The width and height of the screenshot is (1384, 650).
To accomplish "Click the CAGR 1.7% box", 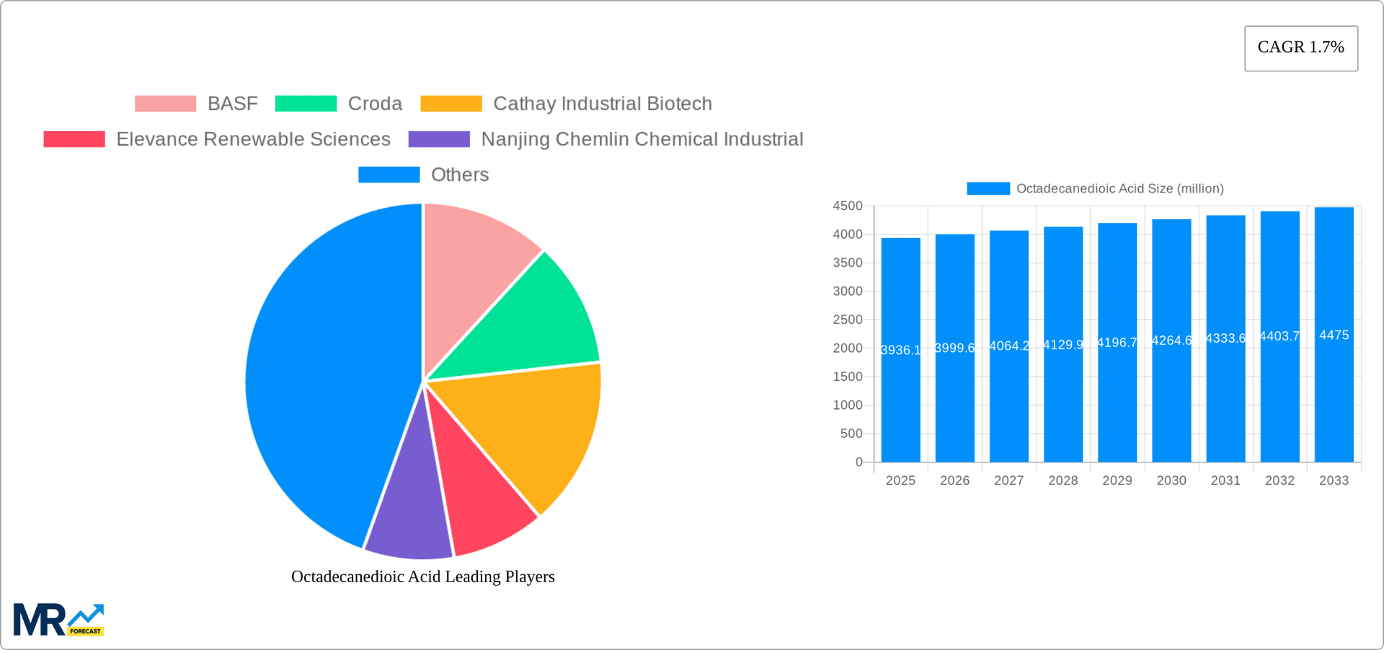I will coord(1300,48).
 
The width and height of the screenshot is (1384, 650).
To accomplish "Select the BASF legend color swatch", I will coord(165,104).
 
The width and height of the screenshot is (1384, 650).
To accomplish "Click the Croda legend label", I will coord(375,104).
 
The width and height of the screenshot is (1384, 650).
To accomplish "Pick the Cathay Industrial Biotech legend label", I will coord(602,104).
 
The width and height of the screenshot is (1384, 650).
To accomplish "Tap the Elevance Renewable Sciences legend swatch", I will coord(74,139).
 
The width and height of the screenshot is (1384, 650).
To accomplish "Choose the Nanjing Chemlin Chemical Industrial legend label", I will coord(642,139).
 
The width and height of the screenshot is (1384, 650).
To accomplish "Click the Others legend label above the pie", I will coord(459,175).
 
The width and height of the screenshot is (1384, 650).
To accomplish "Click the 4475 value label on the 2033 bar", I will coord(1334,335).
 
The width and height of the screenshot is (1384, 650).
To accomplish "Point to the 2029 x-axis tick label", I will coord(1117,480).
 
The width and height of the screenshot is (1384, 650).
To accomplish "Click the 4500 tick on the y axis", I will coord(848,206).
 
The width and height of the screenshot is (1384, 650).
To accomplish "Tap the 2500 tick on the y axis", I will coord(848,320).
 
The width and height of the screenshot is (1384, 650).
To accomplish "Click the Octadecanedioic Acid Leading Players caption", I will coord(422,576).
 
